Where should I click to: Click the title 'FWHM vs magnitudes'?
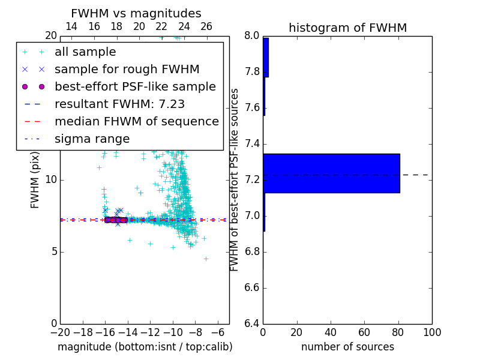coord(136,13)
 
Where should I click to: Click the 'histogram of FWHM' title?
coord(347,28)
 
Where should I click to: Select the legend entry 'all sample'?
coord(85,52)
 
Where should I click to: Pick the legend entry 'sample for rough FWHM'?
coord(127,70)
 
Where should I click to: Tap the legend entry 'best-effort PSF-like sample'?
coord(135,87)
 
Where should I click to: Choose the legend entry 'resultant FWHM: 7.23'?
coord(119,104)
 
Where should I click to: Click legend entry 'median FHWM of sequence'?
coord(136,122)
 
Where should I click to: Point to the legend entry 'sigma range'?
coord(92,139)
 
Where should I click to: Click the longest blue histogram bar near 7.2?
coord(331,173)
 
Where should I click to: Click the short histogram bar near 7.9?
coord(265,58)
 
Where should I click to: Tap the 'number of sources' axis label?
coord(347,347)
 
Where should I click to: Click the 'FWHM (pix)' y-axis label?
coord(35,180)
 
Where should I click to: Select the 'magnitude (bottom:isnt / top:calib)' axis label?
coord(145,347)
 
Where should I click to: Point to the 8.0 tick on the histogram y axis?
coord(251,36)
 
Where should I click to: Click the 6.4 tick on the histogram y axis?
coord(251,323)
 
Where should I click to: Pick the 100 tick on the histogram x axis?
coord(431,332)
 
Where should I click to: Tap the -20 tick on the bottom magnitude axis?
coord(60,332)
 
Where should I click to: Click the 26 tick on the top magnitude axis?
coord(206,26)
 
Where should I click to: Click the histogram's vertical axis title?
coord(235,180)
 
